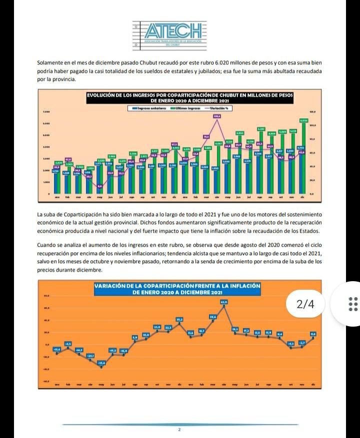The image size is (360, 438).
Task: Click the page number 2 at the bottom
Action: pyautogui.click(x=178, y=430)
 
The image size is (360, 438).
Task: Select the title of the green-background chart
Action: pyautogui.click(x=189, y=97)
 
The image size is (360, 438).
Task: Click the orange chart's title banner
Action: pyautogui.click(x=178, y=288)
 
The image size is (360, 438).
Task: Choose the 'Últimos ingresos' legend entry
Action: pyautogui.click(x=187, y=107)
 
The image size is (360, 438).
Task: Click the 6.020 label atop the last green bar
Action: pyautogui.click(x=303, y=120)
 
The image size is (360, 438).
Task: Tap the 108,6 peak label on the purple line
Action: pyautogui.click(x=217, y=116)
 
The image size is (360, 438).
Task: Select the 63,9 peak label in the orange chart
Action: pyautogui.click(x=224, y=302)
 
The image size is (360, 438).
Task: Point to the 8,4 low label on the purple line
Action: pyautogui.click(x=99, y=186)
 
